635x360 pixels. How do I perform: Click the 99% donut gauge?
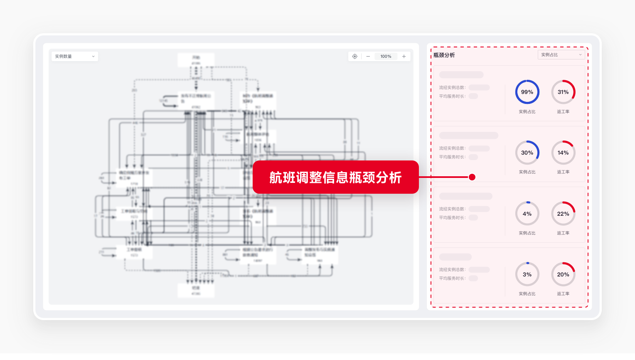click(x=527, y=92)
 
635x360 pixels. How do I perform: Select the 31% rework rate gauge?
click(x=563, y=92)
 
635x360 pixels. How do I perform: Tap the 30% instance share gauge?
click(x=527, y=153)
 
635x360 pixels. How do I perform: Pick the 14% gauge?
click(x=563, y=153)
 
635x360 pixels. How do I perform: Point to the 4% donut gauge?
click(x=527, y=214)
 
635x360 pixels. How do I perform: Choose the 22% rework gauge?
click(x=563, y=214)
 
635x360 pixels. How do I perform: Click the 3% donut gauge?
click(x=527, y=274)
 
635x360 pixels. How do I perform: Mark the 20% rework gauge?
click(x=563, y=274)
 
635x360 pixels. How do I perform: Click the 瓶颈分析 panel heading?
click(x=444, y=55)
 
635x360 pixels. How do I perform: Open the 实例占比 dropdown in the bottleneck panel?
click(x=561, y=55)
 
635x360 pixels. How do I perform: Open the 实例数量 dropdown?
click(x=75, y=56)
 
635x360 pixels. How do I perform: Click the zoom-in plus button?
click(x=404, y=56)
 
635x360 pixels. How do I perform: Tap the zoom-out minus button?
click(x=368, y=56)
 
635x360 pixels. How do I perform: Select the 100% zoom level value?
click(x=386, y=56)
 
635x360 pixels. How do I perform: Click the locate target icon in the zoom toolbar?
click(x=354, y=56)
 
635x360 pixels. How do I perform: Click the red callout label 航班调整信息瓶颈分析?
click(x=335, y=178)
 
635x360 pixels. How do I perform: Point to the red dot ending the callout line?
click(x=472, y=177)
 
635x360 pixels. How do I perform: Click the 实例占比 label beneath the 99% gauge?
click(x=527, y=111)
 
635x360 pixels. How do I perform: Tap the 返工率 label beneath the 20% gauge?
click(x=563, y=293)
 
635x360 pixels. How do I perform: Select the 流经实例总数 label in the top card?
click(x=452, y=88)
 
